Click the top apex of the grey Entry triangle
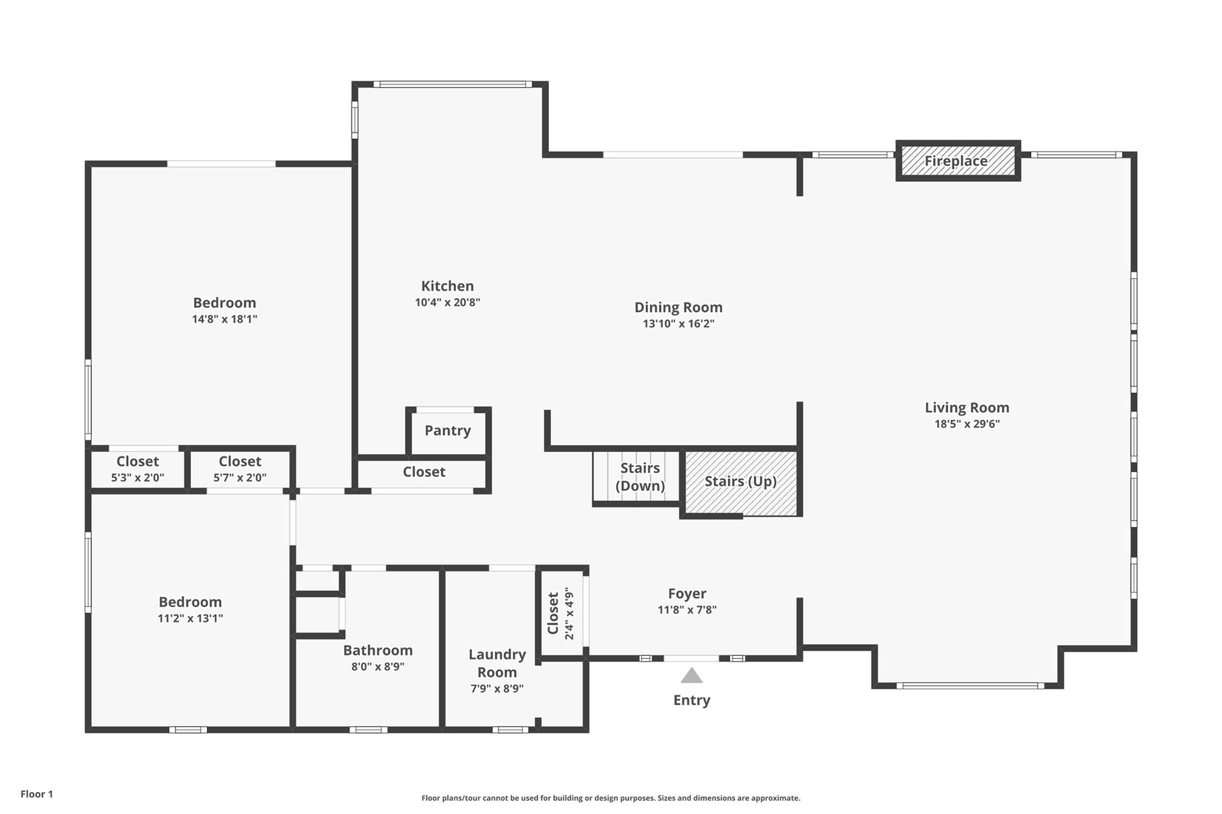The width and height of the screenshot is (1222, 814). [692, 667]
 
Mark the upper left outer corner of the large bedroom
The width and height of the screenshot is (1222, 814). [85, 161]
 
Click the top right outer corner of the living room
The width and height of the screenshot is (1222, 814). [1137, 152]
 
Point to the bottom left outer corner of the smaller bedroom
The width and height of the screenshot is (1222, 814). [85, 732]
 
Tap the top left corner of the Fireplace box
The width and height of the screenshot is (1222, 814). [896, 141]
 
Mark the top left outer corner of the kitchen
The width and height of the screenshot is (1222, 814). [352, 82]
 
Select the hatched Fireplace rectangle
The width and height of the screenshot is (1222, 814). [958, 161]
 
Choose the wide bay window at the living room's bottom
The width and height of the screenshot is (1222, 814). [970, 686]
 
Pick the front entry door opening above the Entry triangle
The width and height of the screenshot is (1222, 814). [692, 658]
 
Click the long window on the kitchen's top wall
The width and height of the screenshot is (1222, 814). [453, 84]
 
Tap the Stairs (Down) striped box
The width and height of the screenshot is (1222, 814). [637, 477]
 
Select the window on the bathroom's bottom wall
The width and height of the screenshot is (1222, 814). [368, 729]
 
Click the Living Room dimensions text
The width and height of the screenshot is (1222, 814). [967, 424]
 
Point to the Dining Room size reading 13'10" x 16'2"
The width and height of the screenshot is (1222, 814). [678, 324]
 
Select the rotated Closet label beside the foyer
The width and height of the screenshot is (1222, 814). [553, 614]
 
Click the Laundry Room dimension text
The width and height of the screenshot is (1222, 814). [497, 689]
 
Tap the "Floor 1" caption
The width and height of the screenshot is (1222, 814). [37, 794]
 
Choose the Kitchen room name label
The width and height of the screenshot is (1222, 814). [448, 286]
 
